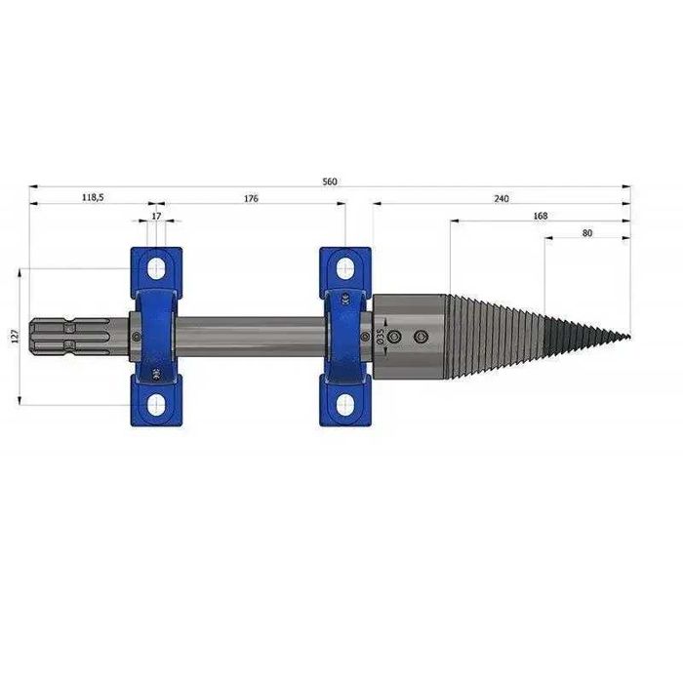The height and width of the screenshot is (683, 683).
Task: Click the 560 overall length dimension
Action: click(330, 181)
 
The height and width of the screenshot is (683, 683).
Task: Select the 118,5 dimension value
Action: click(93, 197)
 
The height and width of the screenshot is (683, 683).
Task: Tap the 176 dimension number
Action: click(251, 199)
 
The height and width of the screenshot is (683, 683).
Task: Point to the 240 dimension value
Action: click(502, 199)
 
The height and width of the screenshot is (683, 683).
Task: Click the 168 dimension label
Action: click(541, 216)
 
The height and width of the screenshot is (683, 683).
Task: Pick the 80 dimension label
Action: click(587, 233)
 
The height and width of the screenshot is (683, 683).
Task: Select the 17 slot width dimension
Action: click(156, 216)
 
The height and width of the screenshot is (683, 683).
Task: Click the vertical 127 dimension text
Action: click(16, 336)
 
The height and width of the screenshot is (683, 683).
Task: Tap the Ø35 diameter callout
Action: click(381, 337)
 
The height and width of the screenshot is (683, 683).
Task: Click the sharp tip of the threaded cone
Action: click(630, 337)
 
